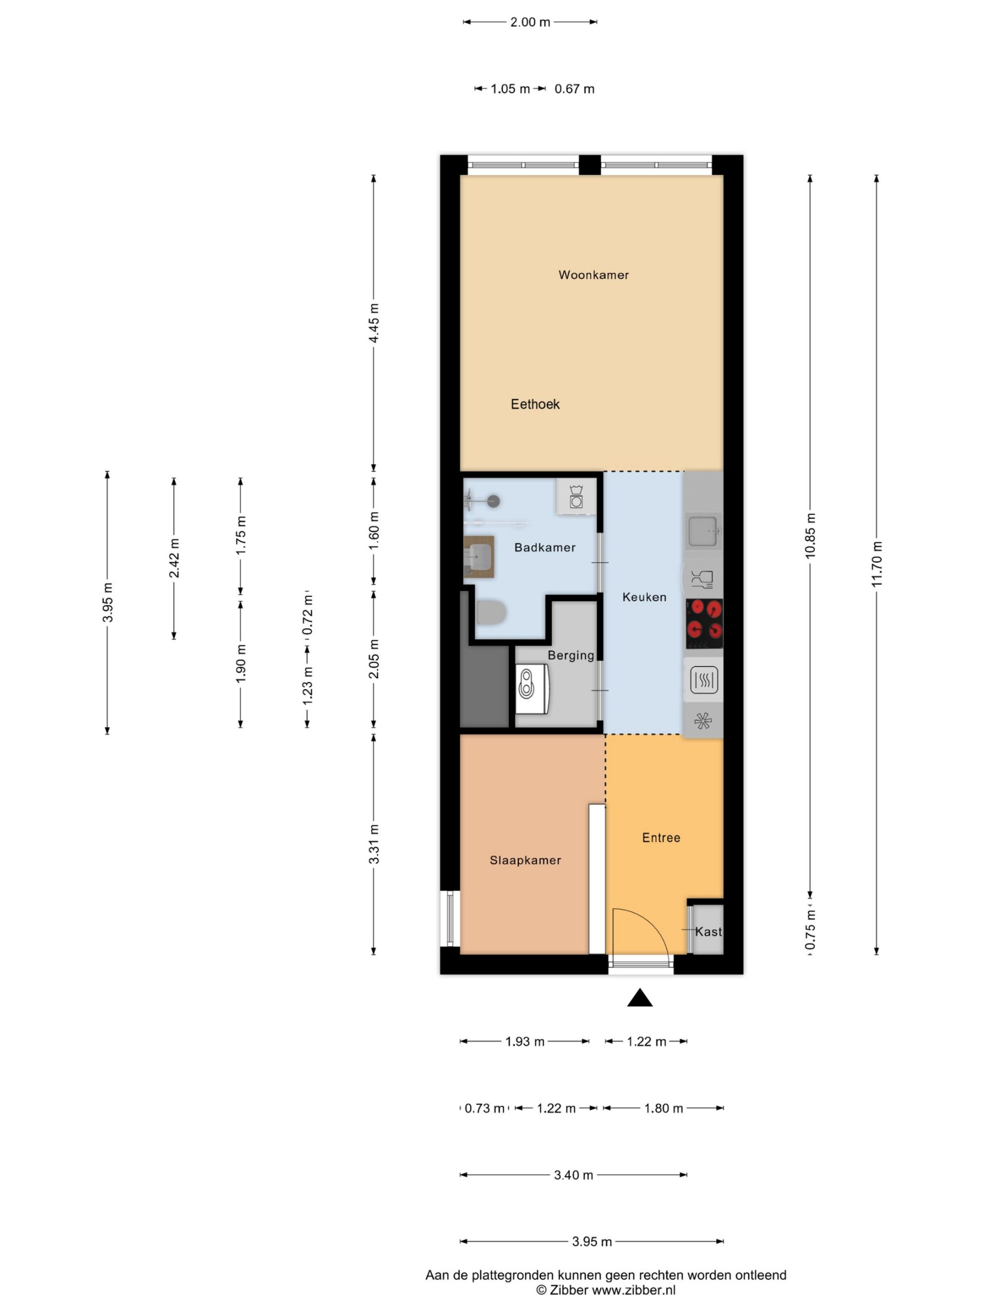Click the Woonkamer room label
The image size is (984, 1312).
(x=593, y=275)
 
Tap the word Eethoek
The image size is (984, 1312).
(x=535, y=404)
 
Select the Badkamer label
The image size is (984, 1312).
(x=544, y=547)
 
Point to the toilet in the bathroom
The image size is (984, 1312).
(x=490, y=612)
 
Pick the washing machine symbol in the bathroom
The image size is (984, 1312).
(x=576, y=497)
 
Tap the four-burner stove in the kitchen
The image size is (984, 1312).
(x=704, y=623)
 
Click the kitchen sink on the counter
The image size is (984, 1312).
(x=704, y=531)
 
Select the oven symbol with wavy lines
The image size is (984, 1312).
(x=704, y=680)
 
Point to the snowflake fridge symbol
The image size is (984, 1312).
(x=703, y=721)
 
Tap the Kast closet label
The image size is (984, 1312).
(x=708, y=932)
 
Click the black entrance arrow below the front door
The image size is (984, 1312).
(x=640, y=998)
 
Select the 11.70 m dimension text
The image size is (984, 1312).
(x=877, y=564)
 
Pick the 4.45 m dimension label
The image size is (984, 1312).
(x=374, y=323)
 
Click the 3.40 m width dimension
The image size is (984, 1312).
(x=573, y=1175)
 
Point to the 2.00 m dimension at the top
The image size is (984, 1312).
(x=530, y=22)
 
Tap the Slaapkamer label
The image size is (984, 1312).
(x=525, y=860)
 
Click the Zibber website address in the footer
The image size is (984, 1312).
(x=633, y=1289)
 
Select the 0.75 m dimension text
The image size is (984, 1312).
(x=810, y=930)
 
